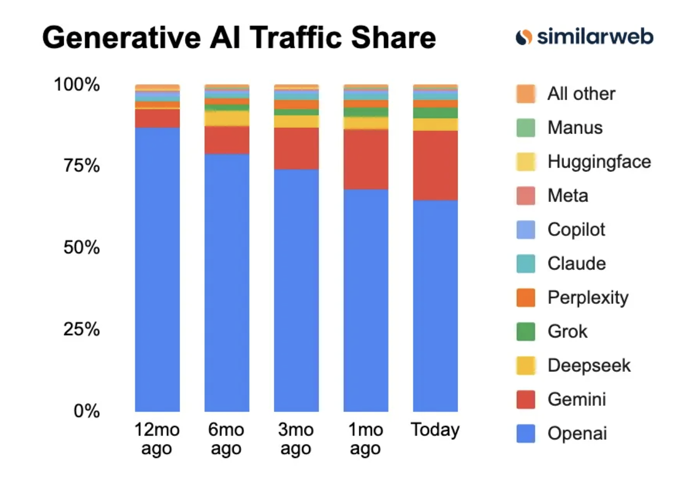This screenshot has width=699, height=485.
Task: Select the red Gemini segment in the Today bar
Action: click(435, 165)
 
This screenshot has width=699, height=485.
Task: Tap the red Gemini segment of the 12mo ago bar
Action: click(157, 118)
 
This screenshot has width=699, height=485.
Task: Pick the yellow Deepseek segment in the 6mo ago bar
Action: click(226, 118)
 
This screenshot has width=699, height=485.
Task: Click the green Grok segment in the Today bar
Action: click(435, 113)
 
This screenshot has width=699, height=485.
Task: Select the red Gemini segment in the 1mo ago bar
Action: click(366, 159)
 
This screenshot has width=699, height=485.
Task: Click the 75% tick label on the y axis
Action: click(82, 166)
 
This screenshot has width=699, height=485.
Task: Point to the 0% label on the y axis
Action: click(86, 411)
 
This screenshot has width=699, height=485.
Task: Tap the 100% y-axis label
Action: click(77, 84)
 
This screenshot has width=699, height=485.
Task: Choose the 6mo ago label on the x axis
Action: click(226, 439)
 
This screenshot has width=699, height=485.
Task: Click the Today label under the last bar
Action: click(435, 430)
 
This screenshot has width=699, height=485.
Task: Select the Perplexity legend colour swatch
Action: click(526, 298)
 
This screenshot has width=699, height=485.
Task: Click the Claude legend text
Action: click(576, 264)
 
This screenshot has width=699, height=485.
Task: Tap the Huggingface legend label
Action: click(599, 161)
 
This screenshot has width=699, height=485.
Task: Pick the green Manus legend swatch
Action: click(526, 128)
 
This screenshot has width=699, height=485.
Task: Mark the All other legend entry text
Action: click(581, 94)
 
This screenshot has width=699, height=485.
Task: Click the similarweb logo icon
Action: click(523, 37)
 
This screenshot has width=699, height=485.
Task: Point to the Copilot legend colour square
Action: click(526, 230)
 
